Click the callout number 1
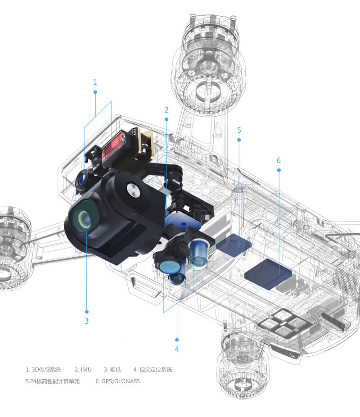[95, 82]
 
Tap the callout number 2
[166, 110]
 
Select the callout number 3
[86, 321]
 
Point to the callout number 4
[177, 349]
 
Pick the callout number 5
[239, 130]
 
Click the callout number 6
[279, 160]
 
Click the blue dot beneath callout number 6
[279, 170]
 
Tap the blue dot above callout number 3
[86, 312]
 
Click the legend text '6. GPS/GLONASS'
[118, 381]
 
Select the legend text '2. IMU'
[83, 369]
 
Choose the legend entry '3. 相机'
[112, 369]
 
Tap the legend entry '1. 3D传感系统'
[43, 369]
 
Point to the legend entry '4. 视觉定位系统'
[153, 369]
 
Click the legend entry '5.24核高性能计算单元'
[53, 381]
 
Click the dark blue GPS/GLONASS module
[268, 274]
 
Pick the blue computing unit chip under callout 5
[234, 245]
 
